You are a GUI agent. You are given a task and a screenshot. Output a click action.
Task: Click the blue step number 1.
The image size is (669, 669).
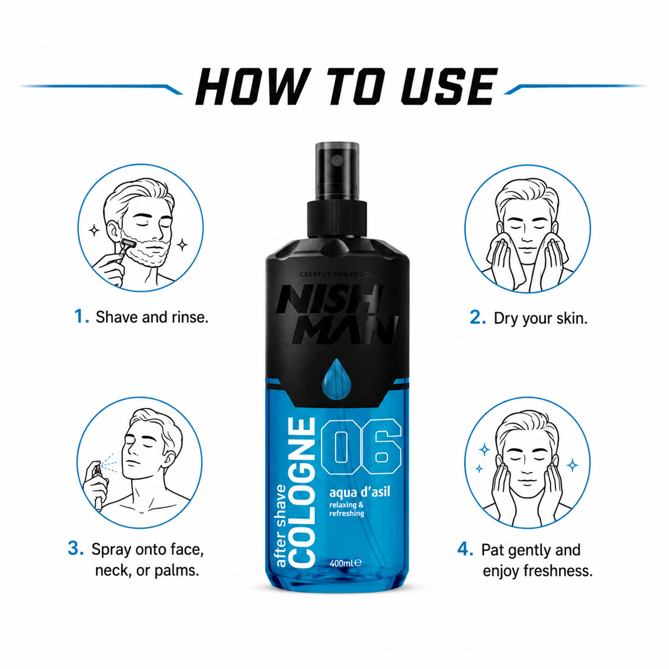(x=82, y=317)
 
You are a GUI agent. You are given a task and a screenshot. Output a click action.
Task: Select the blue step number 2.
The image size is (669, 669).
(x=478, y=317)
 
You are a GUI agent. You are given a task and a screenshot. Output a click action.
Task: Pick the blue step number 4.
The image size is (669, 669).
(x=465, y=549)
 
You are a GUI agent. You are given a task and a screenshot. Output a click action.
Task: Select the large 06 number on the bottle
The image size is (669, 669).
(x=361, y=446)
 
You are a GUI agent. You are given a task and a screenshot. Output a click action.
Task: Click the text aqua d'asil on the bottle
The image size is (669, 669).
(x=360, y=492)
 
